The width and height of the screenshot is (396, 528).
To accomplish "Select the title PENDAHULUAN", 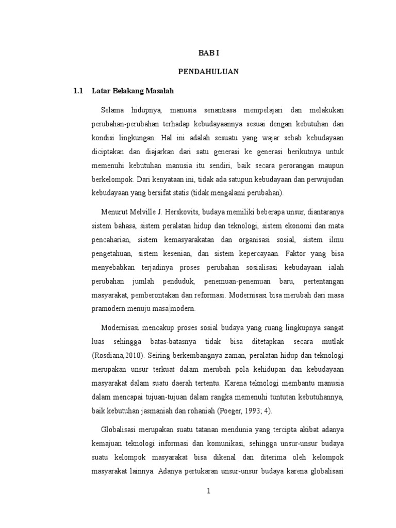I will click(208, 72).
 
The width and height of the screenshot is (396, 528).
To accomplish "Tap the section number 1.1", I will click(78, 91).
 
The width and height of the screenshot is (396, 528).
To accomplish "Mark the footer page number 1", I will click(208, 491).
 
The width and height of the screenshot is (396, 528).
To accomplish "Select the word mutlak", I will click(332, 342).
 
